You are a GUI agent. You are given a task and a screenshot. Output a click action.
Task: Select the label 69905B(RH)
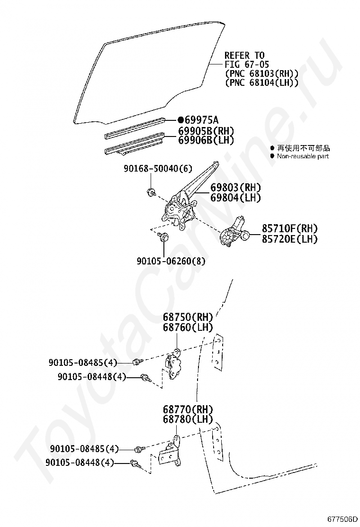(x=206, y=131)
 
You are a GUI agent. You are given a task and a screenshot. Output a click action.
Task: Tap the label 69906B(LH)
(x=206, y=140)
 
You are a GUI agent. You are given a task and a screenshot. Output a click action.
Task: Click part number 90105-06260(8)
(x=171, y=261)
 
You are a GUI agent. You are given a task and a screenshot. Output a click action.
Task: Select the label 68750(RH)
(x=188, y=317)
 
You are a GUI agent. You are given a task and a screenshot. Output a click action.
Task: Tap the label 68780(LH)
(x=188, y=420)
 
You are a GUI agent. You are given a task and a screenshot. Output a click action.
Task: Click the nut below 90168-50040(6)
(x=151, y=192)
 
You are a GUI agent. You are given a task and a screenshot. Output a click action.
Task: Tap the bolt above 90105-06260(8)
(x=164, y=236)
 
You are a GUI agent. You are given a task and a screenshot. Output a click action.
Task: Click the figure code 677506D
(x=342, y=519)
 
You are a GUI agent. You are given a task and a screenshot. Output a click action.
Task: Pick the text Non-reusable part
(x=303, y=156)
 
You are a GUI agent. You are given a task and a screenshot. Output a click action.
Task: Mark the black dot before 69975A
(x=180, y=120)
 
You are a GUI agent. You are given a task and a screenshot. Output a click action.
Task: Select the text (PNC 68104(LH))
(x=261, y=82)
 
